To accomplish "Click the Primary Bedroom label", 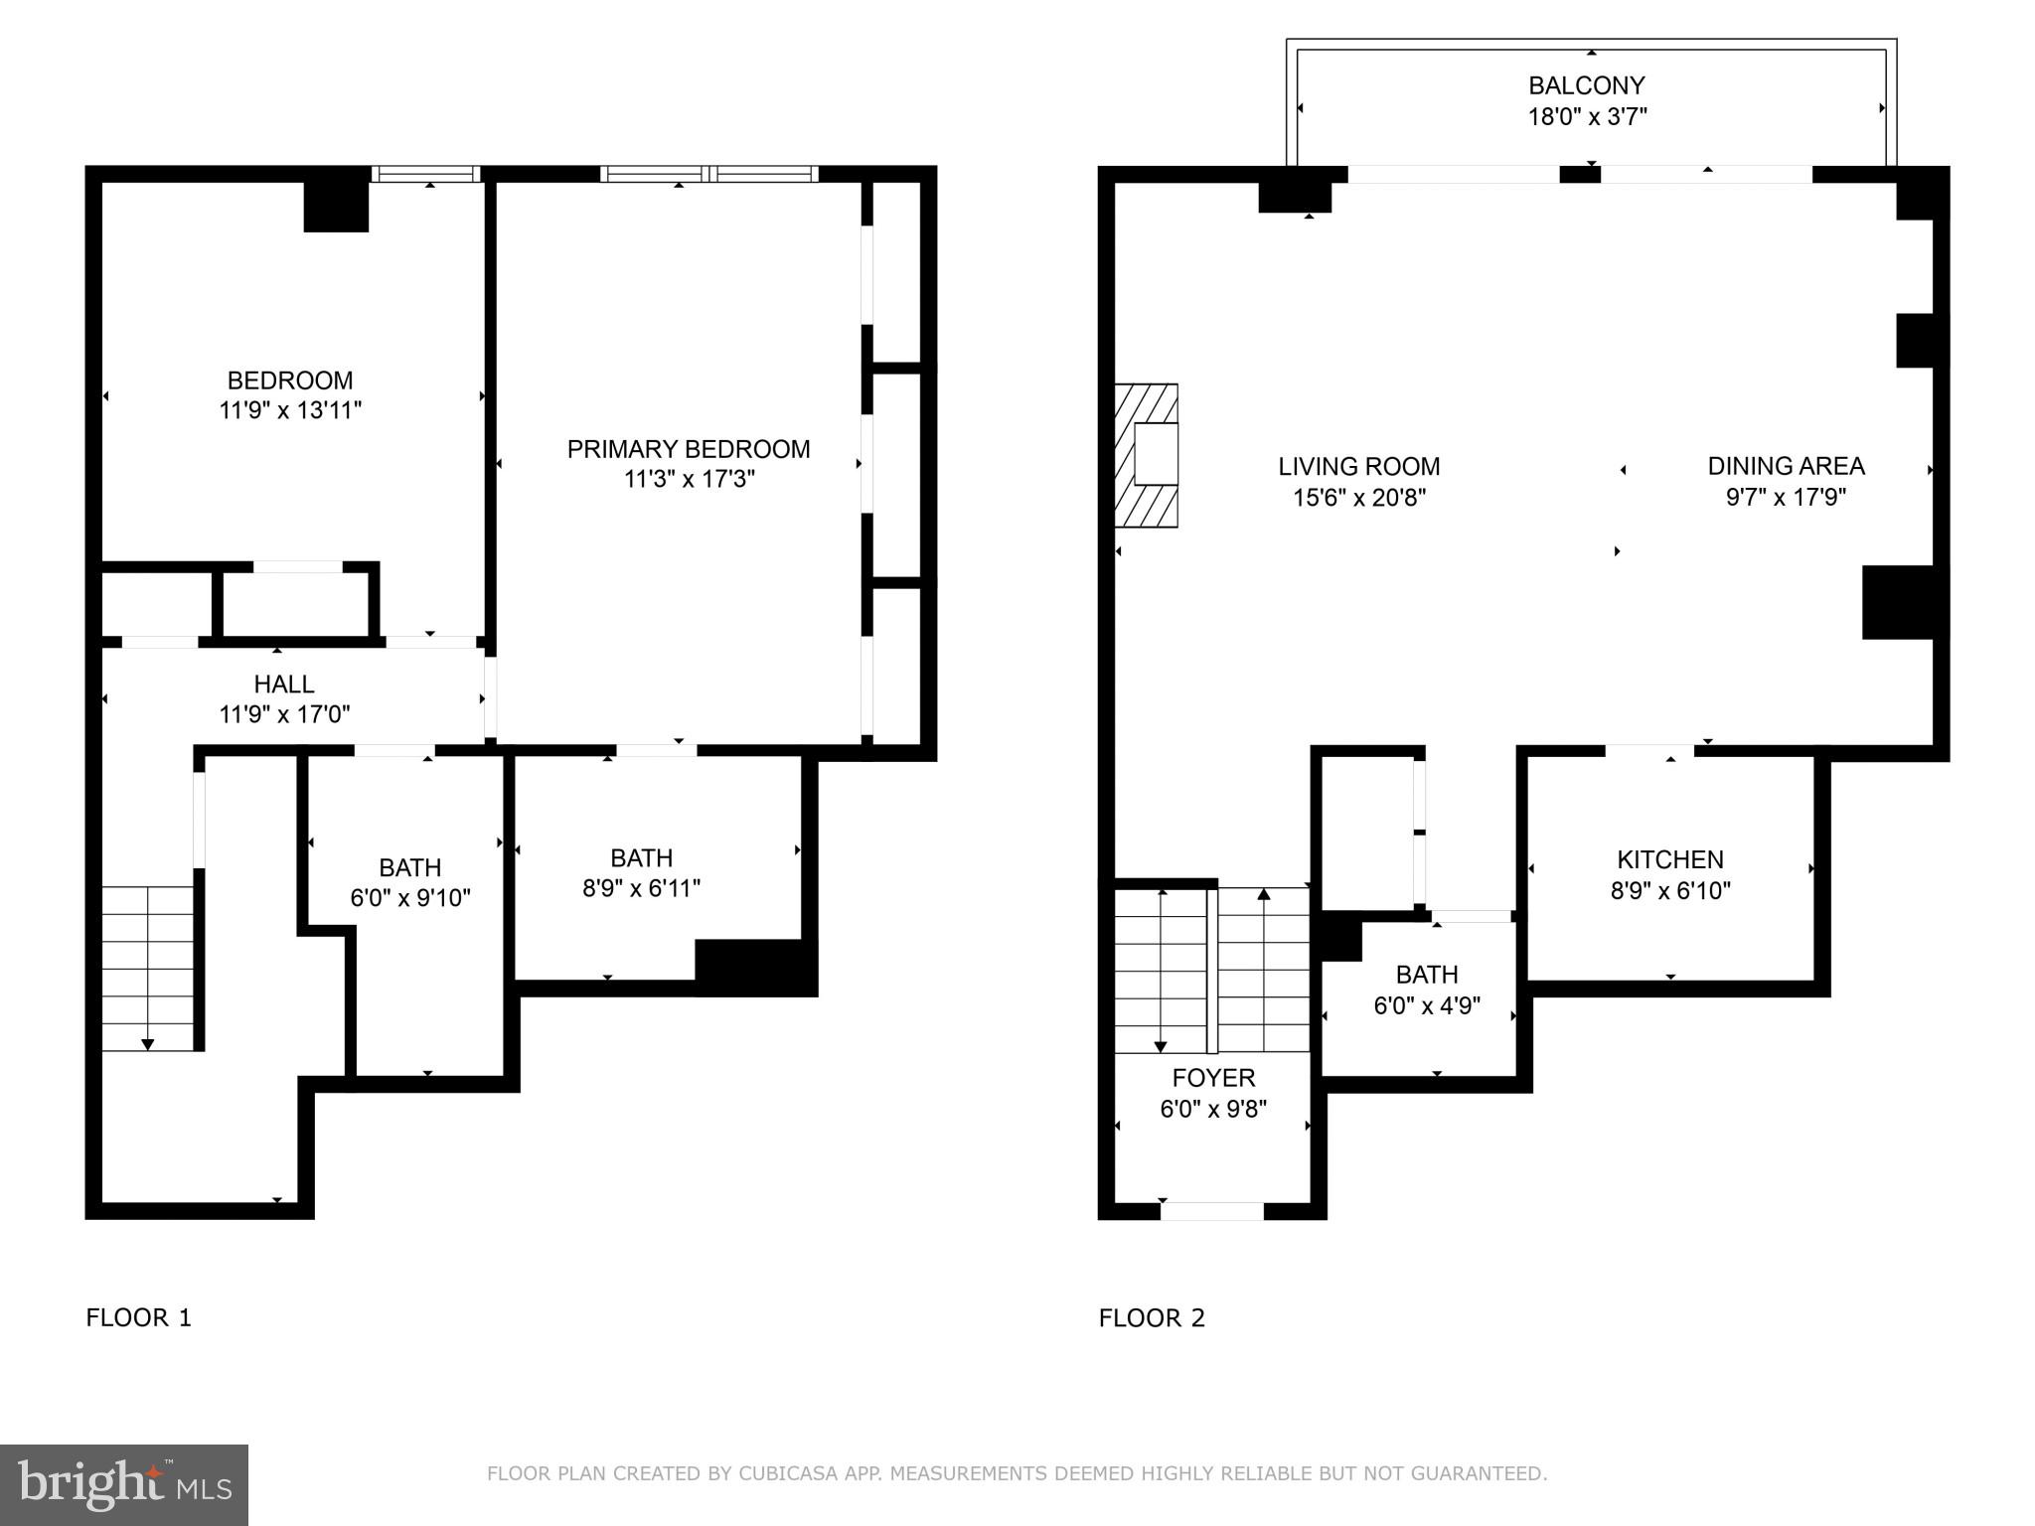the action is click(x=689, y=449).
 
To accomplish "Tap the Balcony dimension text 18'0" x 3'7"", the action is click(x=1587, y=116).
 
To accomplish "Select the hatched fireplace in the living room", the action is click(x=1146, y=455).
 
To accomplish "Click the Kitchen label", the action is click(x=1670, y=859).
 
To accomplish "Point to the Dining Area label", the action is click(x=1786, y=466).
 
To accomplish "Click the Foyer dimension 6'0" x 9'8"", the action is click(x=1213, y=1109).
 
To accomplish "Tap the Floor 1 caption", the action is click(x=138, y=1317).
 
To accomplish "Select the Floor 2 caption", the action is click(x=1152, y=1317).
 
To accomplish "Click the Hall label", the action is click(x=284, y=684).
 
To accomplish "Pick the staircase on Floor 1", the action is click(x=148, y=969).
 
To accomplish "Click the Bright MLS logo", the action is click(x=124, y=1484).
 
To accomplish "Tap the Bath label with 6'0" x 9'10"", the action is click(x=410, y=867).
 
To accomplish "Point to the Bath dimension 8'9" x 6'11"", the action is click(x=642, y=888).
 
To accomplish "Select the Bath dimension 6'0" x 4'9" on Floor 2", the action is click(x=1427, y=1005).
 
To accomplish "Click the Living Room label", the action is click(x=1359, y=466).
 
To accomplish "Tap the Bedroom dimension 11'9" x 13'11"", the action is click(x=290, y=410).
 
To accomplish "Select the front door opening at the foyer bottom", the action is click(x=1212, y=1211).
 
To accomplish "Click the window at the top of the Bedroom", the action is click(x=426, y=174).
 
